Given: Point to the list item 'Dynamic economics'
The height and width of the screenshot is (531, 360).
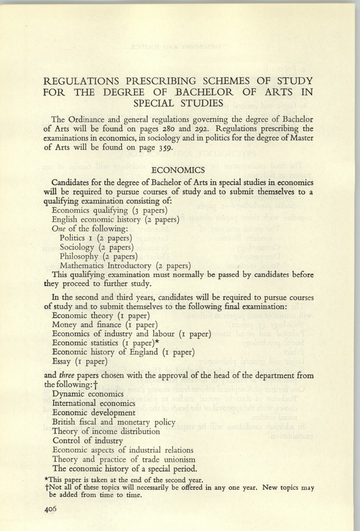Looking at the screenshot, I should pyautogui.click(x=88, y=393).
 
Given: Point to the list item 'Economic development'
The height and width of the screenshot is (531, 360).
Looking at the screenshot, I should pyautogui.click(x=93, y=412).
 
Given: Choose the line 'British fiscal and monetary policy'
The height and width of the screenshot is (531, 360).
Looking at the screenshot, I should pyautogui.click(x=114, y=422).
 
